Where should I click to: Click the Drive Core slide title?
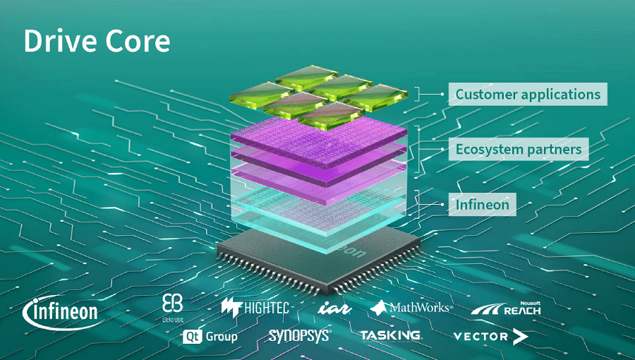(x=97, y=41)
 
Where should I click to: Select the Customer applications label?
(x=528, y=94)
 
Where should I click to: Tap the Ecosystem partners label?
(x=519, y=149)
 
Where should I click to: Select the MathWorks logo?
(x=411, y=308)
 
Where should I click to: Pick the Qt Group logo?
(x=210, y=336)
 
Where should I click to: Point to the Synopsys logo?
(x=299, y=336)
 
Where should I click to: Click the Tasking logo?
(x=390, y=336)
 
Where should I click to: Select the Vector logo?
(x=490, y=337)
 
